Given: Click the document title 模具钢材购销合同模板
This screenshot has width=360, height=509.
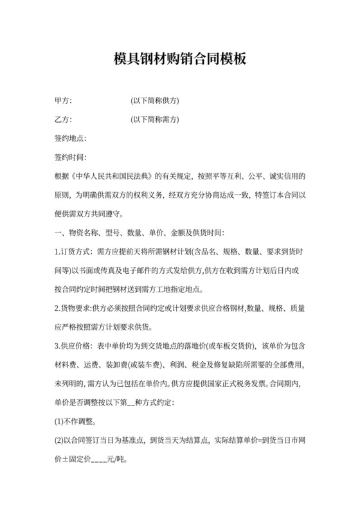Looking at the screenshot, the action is (x=179, y=60).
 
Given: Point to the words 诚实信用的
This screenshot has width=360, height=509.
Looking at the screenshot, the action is (x=286, y=175).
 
